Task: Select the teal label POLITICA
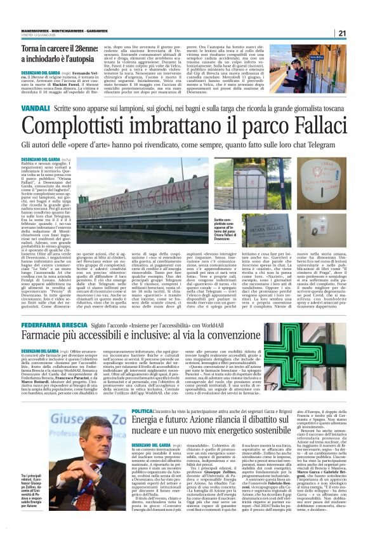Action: (141, 412)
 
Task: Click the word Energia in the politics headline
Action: (153, 424)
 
